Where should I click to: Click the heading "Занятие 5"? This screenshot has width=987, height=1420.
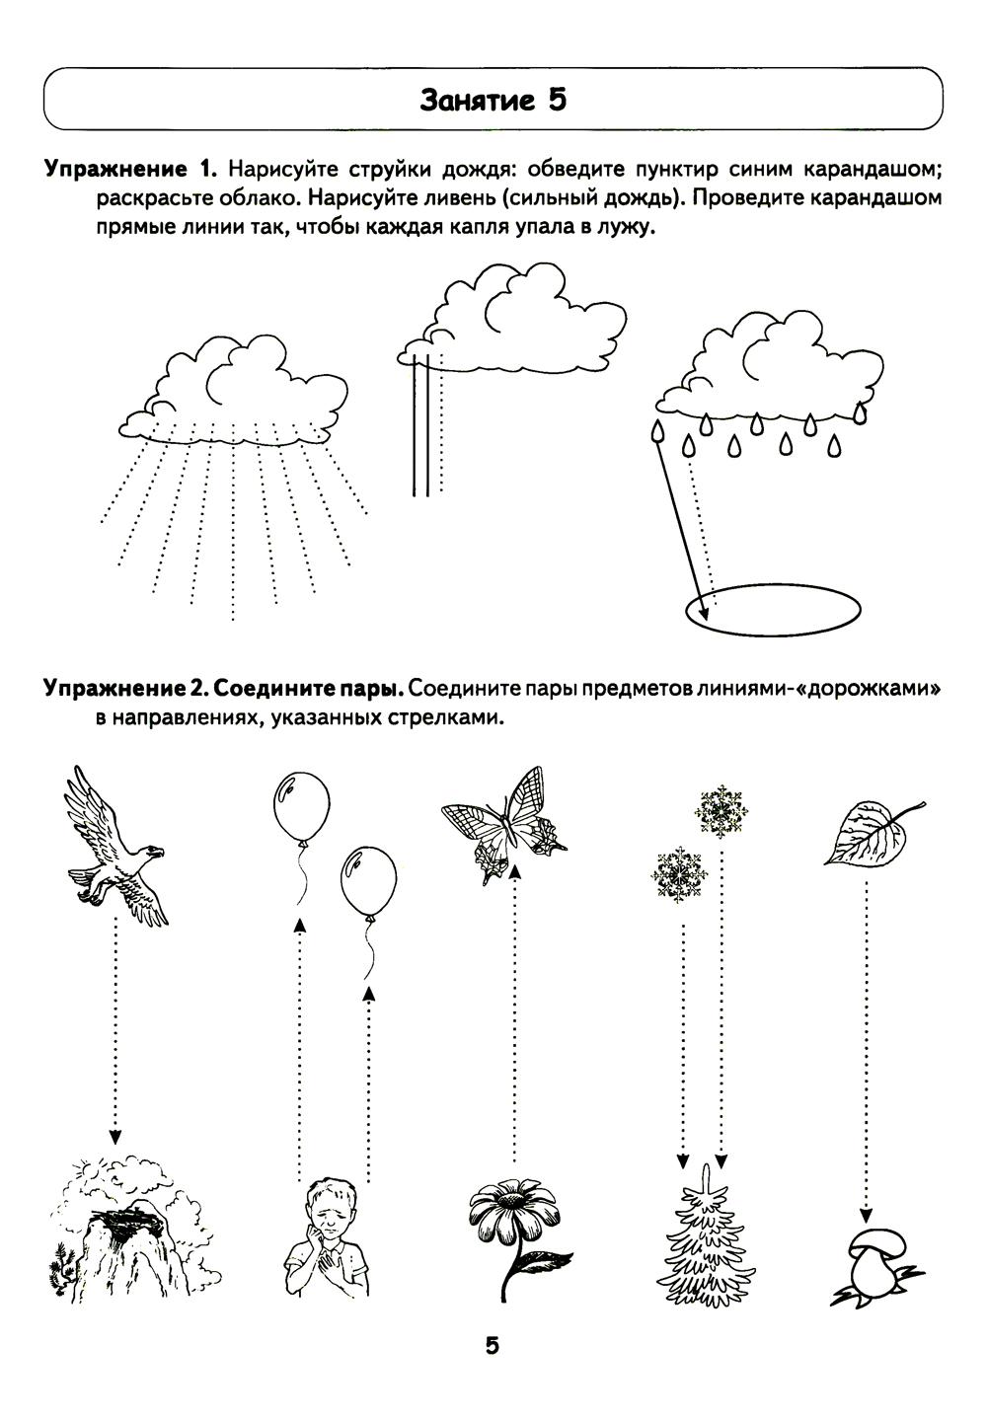coord(493,100)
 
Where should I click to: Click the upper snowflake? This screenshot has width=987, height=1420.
coord(718,812)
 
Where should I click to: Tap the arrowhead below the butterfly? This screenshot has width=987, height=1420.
coord(514,870)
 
